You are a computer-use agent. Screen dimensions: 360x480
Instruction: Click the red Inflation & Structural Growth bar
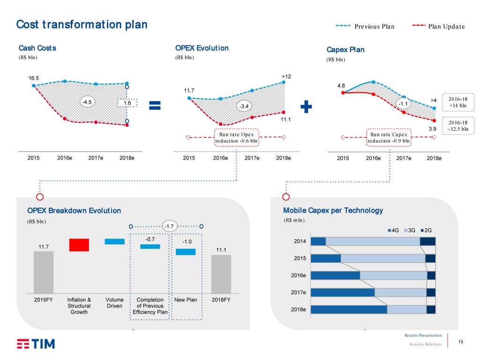point(79,245)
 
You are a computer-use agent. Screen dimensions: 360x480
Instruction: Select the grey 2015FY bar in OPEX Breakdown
point(44,272)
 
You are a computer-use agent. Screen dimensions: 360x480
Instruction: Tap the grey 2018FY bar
point(221,274)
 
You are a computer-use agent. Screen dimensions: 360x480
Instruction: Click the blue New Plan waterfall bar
point(185,252)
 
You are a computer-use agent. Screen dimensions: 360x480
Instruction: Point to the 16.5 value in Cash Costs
point(33,78)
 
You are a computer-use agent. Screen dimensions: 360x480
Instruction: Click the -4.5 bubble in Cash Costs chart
point(87,102)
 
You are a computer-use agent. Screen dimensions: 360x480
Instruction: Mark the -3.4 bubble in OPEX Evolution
point(244,106)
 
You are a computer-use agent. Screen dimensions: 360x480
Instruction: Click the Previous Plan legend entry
point(365,26)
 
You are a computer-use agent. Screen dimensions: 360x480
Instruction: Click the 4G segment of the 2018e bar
point(349,309)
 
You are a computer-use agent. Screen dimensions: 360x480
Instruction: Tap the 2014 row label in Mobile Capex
point(300,241)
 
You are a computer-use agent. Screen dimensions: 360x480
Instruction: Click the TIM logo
point(36,344)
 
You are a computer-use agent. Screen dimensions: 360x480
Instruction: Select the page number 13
point(461,342)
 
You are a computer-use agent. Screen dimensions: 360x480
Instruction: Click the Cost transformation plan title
point(82,24)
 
